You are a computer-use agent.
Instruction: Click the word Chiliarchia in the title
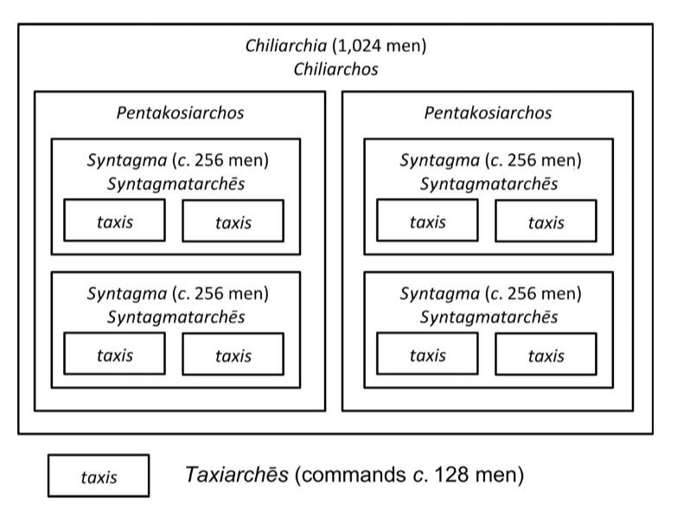pyautogui.click(x=286, y=46)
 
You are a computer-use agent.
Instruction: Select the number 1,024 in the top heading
pyautogui.click(x=359, y=46)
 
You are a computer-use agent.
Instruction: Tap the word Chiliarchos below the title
pyautogui.click(x=336, y=69)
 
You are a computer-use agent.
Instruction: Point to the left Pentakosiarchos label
pyautogui.click(x=180, y=112)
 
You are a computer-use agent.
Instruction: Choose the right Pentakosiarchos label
pyautogui.click(x=488, y=112)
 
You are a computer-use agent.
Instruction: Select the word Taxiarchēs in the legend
pyautogui.click(x=237, y=475)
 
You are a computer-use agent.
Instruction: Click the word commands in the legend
pyautogui.click(x=350, y=475)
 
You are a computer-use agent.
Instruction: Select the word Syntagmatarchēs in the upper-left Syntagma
pyautogui.click(x=176, y=184)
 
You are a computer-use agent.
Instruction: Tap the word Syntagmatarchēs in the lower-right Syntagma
pyautogui.click(x=489, y=317)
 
